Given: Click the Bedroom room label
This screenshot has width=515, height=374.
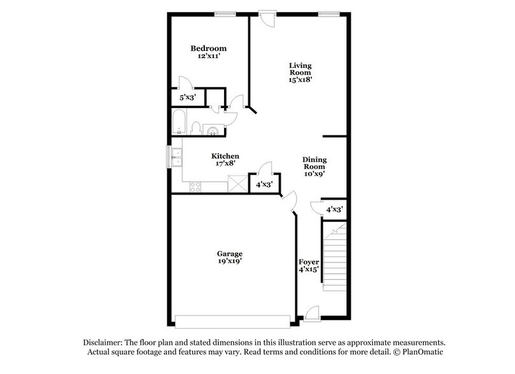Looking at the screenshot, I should pos(209,48).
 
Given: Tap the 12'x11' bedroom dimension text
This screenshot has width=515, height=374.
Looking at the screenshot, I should pos(209,57).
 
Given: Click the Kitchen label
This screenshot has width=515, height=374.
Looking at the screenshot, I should pos(225,156).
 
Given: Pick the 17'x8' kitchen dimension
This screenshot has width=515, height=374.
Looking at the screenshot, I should pos(225,165).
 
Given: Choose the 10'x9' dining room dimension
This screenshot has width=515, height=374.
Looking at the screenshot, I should pos(314,177).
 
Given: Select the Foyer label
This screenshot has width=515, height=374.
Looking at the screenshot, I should pos(309,262).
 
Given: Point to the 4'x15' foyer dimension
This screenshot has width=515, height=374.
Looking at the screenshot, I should pos(309,270).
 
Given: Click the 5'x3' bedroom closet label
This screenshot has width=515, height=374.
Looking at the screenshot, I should pos(187,98).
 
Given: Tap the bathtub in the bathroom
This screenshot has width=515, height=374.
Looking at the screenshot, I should pos(179,123).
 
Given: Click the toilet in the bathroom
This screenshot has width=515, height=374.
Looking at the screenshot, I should pos(197,127).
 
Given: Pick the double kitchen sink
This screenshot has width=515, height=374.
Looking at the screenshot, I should pos(176,156).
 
